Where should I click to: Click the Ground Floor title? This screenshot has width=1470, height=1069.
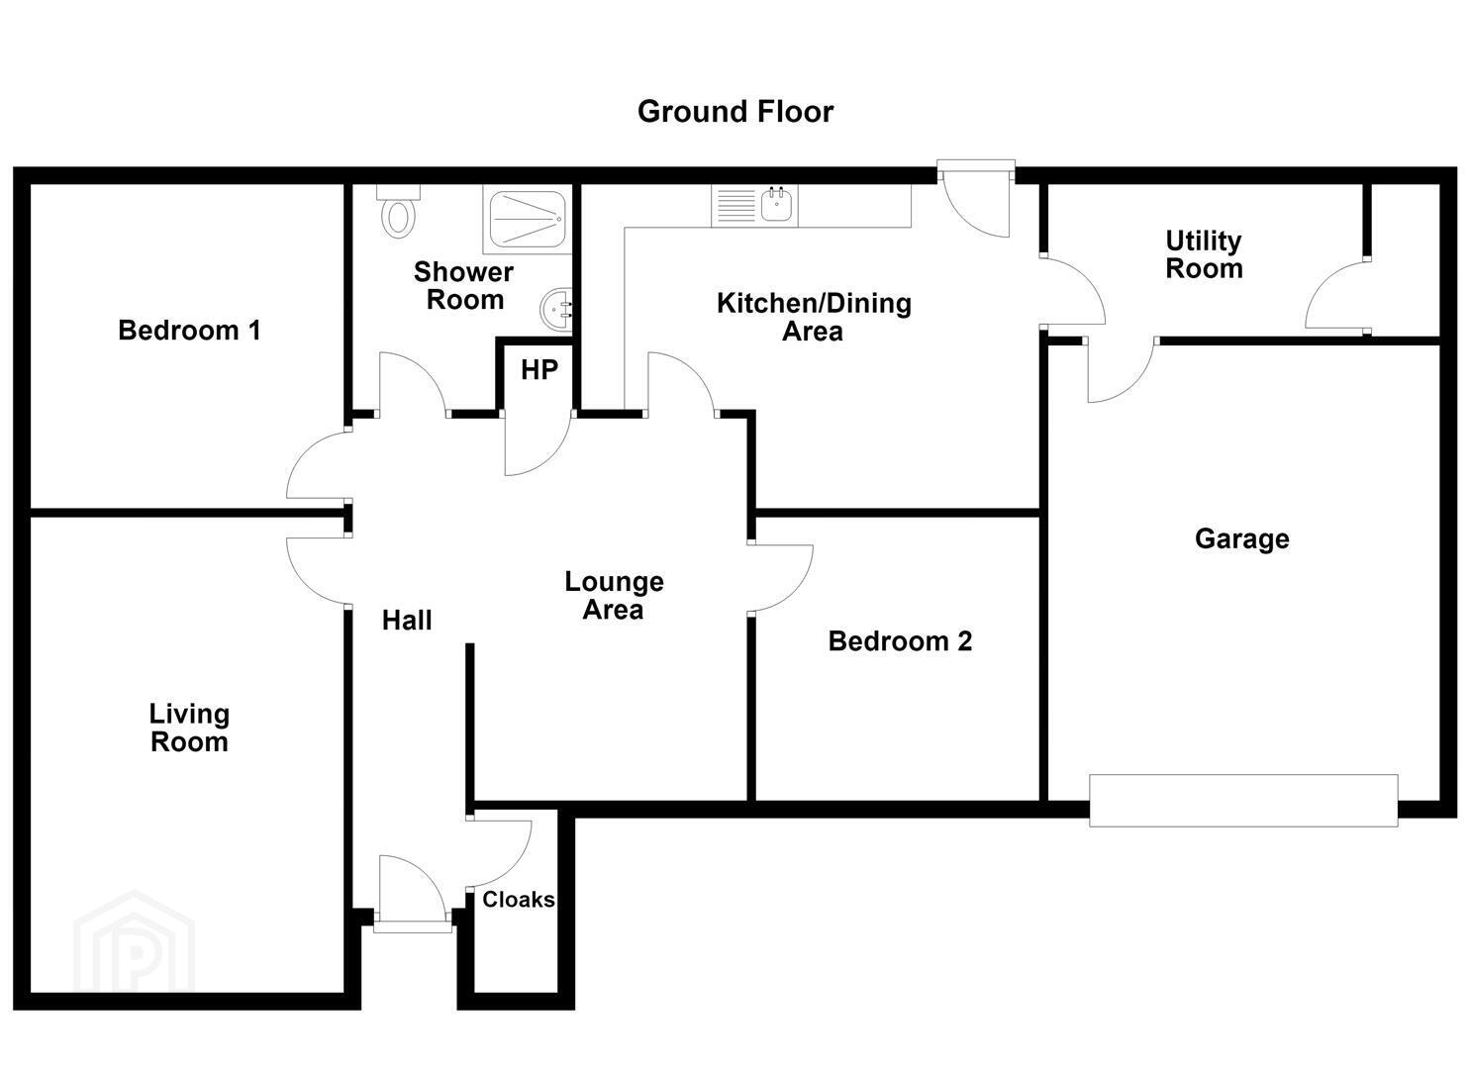tap(735, 112)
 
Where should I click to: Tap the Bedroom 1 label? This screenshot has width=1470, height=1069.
tap(190, 330)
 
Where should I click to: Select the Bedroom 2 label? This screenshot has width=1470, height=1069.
tap(900, 641)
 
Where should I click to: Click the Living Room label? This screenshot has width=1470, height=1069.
tap(189, 728)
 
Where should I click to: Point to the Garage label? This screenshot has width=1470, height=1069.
tap(1241, 539)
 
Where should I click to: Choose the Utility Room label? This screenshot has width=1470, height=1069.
tap(1205, 254)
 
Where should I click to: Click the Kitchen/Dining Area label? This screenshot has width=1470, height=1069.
tap(814, 317)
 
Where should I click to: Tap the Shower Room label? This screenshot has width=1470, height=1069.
tap(464, 285)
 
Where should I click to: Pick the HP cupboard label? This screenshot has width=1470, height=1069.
tap(539, 370)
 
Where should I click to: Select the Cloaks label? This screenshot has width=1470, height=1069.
tap(519, 899)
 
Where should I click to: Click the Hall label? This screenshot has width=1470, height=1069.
tap(407, 621)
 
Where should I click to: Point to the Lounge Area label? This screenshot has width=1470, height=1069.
tap(615, 596)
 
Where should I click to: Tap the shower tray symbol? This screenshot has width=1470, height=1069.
tap(529, 219)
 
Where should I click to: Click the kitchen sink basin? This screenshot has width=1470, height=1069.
tap(777, 204)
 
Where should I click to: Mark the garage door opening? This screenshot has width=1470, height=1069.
tap(1243, 800)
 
